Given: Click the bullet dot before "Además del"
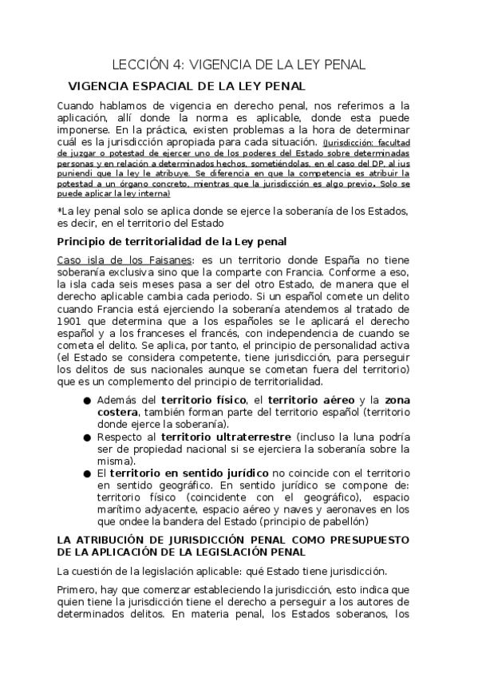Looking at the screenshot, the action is click(x=86, y=399).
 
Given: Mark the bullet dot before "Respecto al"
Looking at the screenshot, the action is click(x=86, y=437).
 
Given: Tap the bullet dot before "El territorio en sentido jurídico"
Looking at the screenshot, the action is click(x=86, y=473).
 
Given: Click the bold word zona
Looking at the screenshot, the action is click(x=397, y=399).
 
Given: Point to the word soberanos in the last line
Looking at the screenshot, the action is click(x=363, y=615).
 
